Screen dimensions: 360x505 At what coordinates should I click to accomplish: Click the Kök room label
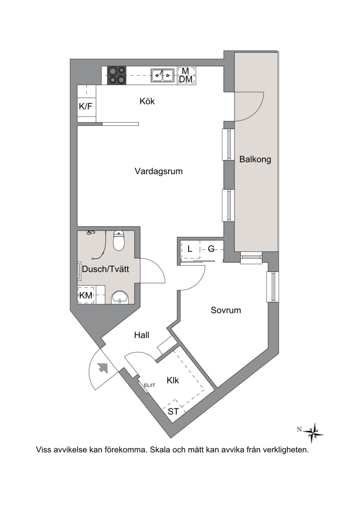147,101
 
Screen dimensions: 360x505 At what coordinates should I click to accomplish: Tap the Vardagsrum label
158,171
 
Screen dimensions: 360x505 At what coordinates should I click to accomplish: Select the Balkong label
255,159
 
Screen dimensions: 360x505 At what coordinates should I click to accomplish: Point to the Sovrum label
226,310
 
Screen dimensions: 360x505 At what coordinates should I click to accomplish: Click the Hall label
142,335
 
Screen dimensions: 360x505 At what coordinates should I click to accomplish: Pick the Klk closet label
173,380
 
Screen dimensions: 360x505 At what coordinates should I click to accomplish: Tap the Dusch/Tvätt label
105,269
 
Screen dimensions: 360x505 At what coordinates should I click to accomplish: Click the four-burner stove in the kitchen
117,75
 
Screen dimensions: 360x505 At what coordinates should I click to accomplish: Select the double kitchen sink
162,75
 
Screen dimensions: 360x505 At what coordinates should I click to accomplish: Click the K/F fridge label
85,106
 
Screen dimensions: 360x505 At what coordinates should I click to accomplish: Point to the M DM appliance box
186,75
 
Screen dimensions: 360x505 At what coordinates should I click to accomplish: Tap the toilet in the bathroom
119,241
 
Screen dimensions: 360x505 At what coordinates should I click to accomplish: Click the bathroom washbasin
120,298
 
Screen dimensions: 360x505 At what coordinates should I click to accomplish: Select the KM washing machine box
86,295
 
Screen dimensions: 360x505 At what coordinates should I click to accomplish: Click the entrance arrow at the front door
103,367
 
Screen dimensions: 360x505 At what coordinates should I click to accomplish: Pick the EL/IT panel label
149,385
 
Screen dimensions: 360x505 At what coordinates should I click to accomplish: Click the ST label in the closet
173,411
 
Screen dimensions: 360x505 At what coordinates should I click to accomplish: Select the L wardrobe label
190,249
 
